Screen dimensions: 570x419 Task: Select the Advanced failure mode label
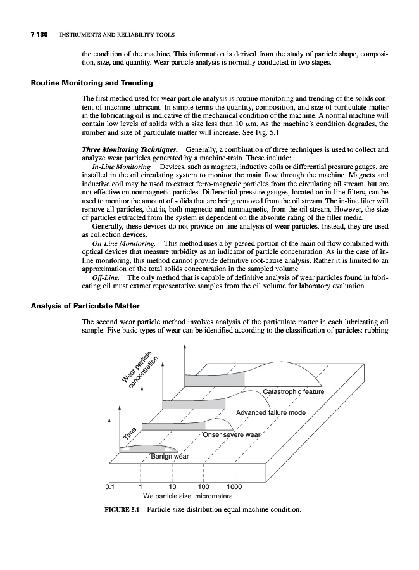tap(270, 413)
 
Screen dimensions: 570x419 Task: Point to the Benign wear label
tap(169, 457)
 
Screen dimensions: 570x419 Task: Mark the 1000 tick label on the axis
tap(235, 487)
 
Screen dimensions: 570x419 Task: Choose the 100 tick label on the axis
tap(203, 487)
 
